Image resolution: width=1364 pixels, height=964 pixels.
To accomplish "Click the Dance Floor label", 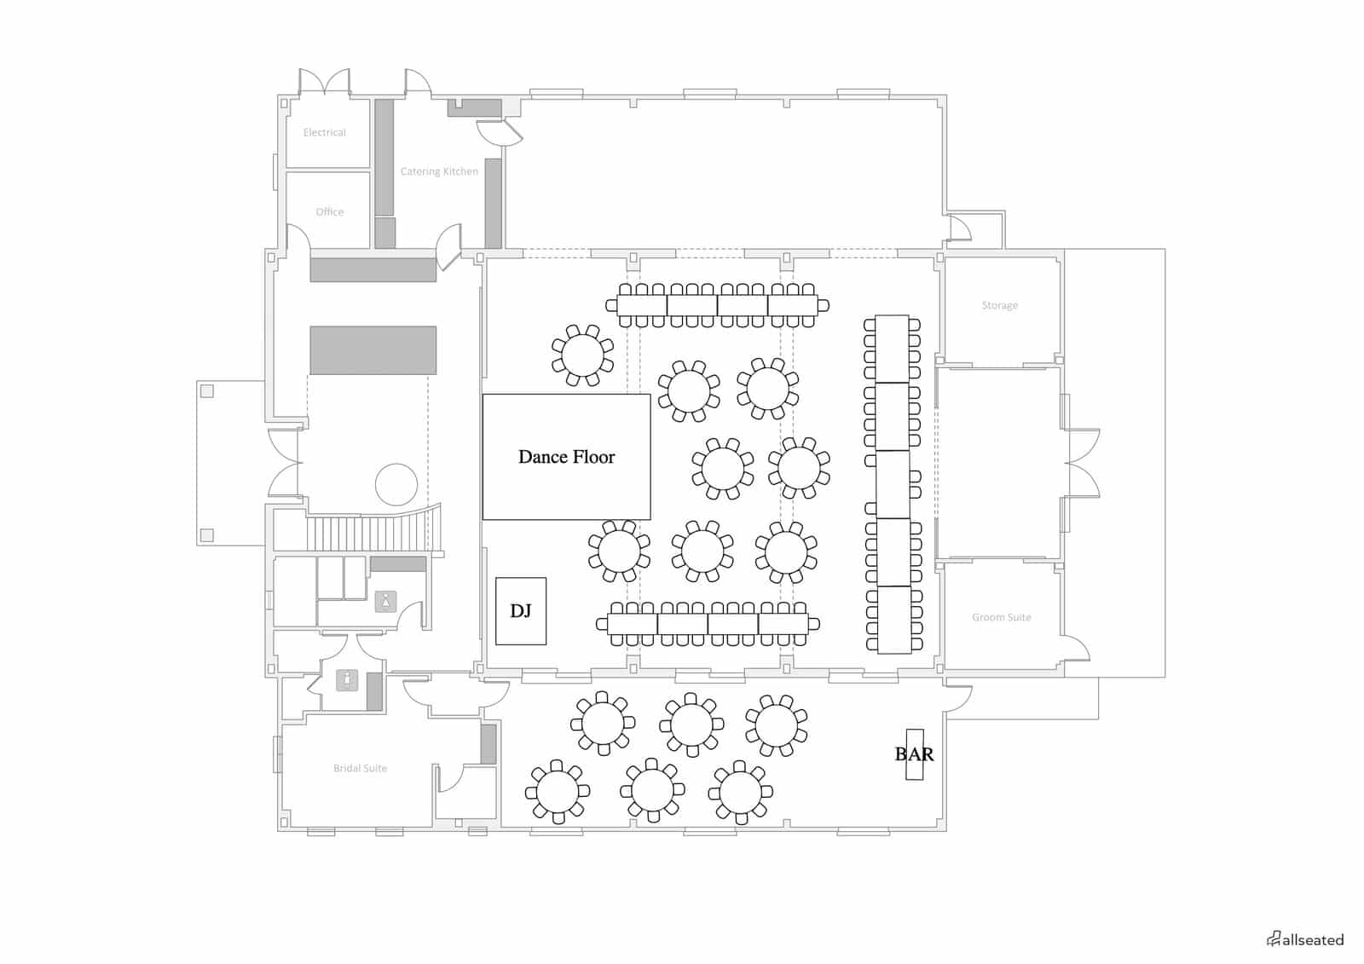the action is click(566, 457).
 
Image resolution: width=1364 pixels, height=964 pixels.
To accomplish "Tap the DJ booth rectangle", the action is click(521, 611).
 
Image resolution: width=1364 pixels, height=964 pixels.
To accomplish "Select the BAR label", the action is click(914, 754).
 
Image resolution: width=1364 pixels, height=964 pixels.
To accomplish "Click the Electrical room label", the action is click(325, 132).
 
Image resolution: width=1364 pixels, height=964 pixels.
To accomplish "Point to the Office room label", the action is click(329, 212).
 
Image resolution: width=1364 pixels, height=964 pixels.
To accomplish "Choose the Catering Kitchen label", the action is click(439, 171).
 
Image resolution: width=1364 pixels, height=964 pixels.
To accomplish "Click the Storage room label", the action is click(999, 305).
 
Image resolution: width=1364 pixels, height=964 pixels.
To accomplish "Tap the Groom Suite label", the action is click(1001, 617).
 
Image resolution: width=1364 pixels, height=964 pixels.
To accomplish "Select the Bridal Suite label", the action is click(360, 768).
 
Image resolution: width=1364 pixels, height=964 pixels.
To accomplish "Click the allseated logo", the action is click(1305, 939).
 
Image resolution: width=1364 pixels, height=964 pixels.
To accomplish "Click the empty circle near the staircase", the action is click(396, 484).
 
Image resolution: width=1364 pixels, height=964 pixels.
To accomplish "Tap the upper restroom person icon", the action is click(385, 601).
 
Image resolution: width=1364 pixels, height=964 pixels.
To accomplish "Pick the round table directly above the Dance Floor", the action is click(582, 355).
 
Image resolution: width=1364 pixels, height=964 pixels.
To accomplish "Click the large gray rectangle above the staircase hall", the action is click(373, 350).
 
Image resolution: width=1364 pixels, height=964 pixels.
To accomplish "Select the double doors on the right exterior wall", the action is click(1083, 463).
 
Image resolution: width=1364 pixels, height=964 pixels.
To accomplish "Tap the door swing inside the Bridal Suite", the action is click(451, 779).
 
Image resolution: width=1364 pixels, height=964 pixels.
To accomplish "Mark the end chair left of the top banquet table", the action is click(611, 305).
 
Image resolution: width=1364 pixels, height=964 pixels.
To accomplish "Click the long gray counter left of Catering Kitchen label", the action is click(384, 158).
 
